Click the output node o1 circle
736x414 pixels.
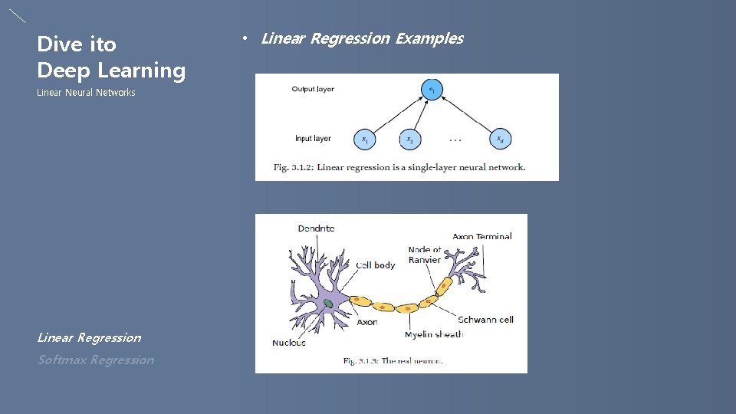[432, 90]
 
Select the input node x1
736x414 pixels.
[365, 140]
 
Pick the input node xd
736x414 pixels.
[500, 140]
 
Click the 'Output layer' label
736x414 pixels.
[313, 89]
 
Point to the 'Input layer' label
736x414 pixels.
[313, 139]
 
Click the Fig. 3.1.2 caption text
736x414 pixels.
[399, 167]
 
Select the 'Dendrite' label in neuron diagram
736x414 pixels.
[316, 228]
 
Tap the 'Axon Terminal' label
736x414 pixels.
[482, 236]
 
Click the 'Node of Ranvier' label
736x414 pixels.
[425, 255]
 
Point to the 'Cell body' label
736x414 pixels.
[376, 265]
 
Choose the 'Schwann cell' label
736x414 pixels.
[485, 319]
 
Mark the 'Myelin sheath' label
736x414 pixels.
[434, 334]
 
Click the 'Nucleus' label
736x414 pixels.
[289, 342]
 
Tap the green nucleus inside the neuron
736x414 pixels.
[328, 304]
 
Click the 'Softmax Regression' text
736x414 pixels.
[96, 360]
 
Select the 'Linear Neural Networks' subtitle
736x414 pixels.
[86, 93]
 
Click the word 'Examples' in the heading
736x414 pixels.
[429, 38]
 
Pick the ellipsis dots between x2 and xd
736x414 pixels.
[455, 140]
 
